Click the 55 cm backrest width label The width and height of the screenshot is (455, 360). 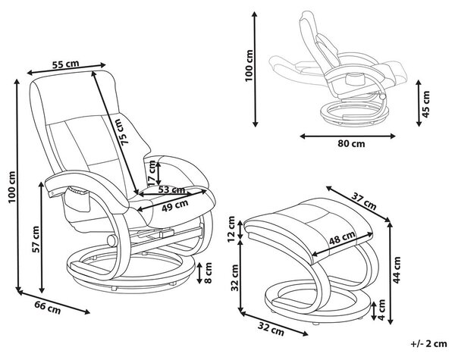[65, 64]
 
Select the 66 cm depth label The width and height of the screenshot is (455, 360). [48, 308]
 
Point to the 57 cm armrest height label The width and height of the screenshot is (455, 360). [36, 239]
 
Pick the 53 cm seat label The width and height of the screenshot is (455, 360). [172, 190]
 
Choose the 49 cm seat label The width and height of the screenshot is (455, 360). [174, 205]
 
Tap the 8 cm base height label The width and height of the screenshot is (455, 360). [208, 273]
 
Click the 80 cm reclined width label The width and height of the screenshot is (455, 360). [351, 143]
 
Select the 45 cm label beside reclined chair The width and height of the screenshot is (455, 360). [425, 104]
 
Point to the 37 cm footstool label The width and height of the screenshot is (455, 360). [364, 202]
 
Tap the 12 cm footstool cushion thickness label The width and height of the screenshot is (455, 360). [231, 229]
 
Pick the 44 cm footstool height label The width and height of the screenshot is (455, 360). [397, 270]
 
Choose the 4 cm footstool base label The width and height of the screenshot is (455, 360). [382, 311]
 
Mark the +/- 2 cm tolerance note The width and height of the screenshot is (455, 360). [429, 344]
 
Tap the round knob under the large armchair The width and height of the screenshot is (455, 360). [112, 241]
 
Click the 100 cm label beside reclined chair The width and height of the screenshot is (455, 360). [249, 66]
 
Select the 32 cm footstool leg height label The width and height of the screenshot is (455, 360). [234, 278]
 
